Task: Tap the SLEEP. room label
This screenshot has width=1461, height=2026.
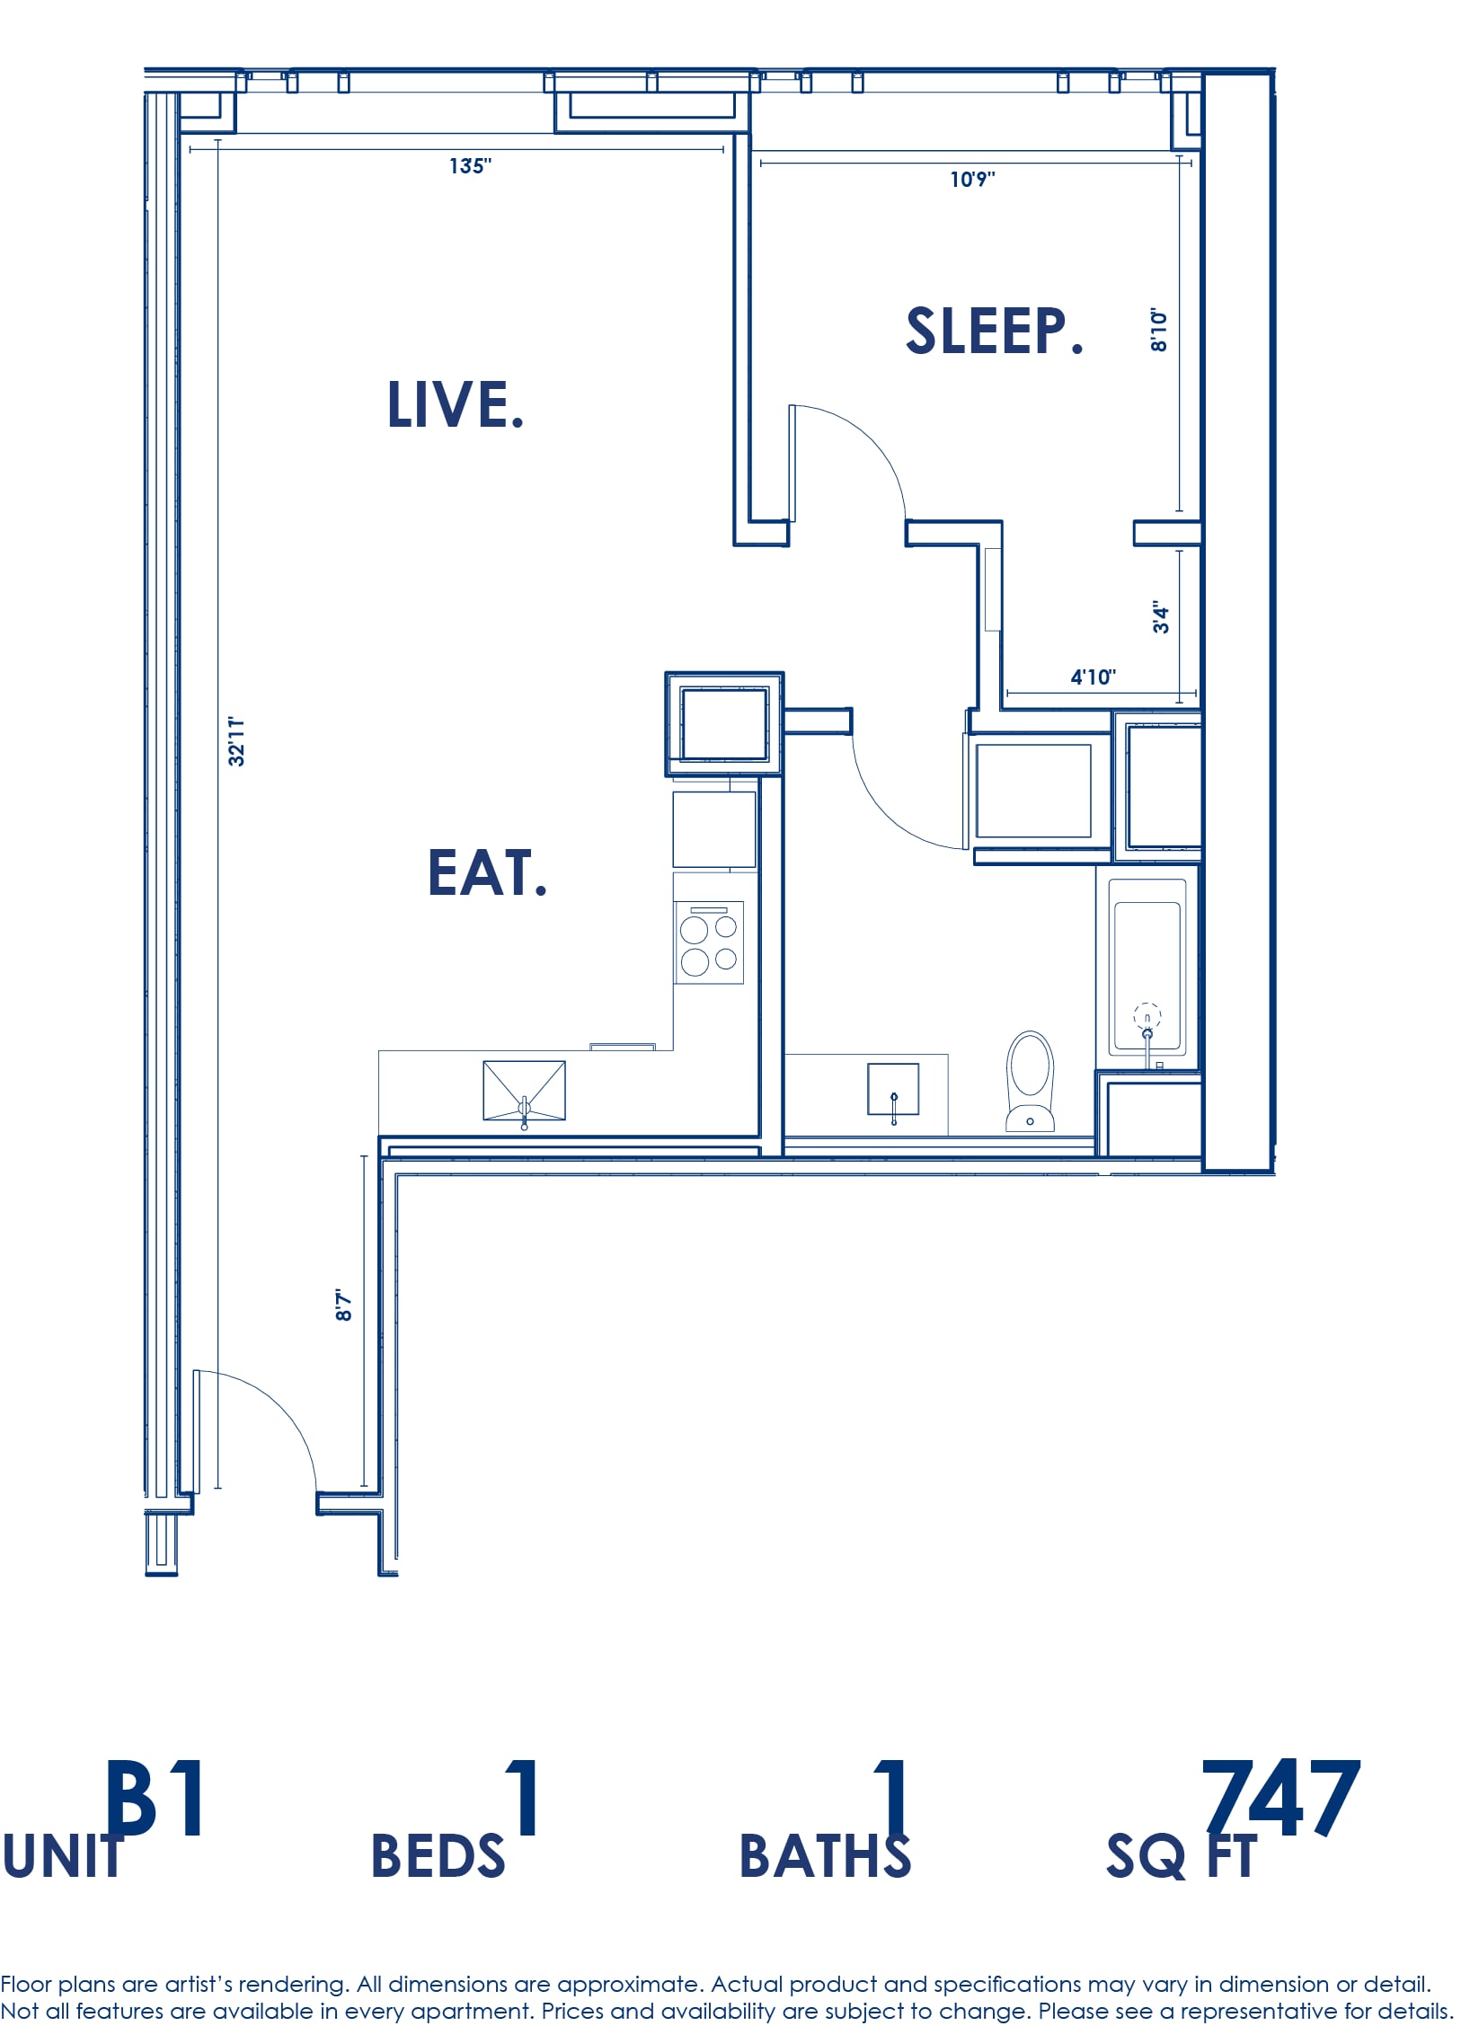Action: point(995,331)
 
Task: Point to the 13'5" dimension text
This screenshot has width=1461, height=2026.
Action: point(470,166)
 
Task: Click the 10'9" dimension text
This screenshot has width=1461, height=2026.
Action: point(973,180)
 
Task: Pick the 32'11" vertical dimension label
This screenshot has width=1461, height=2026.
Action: point(236,741)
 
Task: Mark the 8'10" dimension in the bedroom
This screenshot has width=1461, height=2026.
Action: point(1159,330)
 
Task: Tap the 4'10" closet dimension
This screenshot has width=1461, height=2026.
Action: point(1093,677)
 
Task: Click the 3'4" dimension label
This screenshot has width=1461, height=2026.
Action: point(1161,617)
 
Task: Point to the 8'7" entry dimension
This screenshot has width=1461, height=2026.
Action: point(343,1305)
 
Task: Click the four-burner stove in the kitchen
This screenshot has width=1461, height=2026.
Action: point(709,942)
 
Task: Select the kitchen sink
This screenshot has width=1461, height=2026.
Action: point(525,1091)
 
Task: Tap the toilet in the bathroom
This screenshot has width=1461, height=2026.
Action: point(1030,1080)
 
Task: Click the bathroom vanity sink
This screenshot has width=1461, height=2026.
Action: point(893,1089)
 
